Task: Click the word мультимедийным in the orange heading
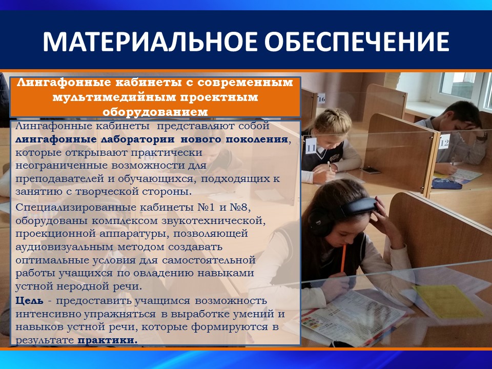[x=114, y=97]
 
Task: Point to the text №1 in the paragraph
[x=209, y=208]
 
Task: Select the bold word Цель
[x=30, y=301]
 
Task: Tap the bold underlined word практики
[x=108, y=340]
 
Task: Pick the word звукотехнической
[x=214, y=220]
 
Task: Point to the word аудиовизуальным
[x=65, y=247]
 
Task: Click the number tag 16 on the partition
[x=321, y=99]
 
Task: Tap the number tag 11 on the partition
[x=311, y=146]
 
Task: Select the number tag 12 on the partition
[x=444, y=142]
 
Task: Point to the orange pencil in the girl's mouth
[x=343, y=258]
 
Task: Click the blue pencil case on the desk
[x=447, y=184]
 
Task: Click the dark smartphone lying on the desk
[x=371, y=170]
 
